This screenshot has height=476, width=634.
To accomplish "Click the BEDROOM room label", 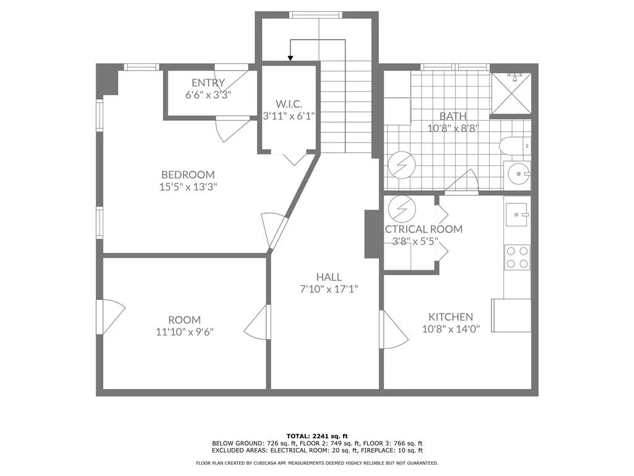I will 188,175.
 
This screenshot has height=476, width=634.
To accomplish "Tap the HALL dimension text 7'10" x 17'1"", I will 329,289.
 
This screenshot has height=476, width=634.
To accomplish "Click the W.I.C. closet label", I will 289,104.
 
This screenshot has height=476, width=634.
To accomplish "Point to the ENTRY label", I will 208,83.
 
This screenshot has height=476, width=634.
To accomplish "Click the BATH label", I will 453,116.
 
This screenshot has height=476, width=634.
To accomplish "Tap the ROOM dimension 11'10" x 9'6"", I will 185,332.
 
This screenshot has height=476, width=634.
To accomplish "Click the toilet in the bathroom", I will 514,146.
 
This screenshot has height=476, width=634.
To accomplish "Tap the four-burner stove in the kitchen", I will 517,257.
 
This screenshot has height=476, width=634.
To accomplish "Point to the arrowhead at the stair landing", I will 290,58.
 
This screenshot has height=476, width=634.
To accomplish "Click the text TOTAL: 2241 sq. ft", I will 316,435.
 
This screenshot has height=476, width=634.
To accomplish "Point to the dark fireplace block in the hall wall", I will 372,234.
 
